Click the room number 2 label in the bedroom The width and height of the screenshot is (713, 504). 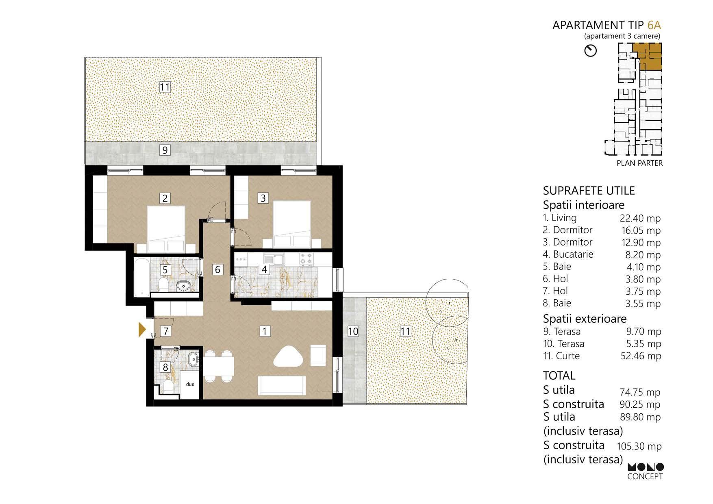165,198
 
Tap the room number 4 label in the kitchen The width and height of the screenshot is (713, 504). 264,269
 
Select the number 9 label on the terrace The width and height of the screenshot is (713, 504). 165,150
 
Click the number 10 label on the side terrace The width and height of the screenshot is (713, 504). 353,331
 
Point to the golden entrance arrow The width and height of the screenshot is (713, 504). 142,330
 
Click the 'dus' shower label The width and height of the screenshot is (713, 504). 190,384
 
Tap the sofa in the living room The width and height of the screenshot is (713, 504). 283,385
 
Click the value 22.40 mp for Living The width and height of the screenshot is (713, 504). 640,218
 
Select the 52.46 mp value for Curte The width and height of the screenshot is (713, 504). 640,356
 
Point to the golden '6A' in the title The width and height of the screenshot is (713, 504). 654,25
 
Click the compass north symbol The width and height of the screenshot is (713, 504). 590,51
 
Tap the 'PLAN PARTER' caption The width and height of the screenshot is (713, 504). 639,163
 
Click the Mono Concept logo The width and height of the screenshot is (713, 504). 646,471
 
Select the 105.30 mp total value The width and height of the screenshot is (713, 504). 639,446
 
